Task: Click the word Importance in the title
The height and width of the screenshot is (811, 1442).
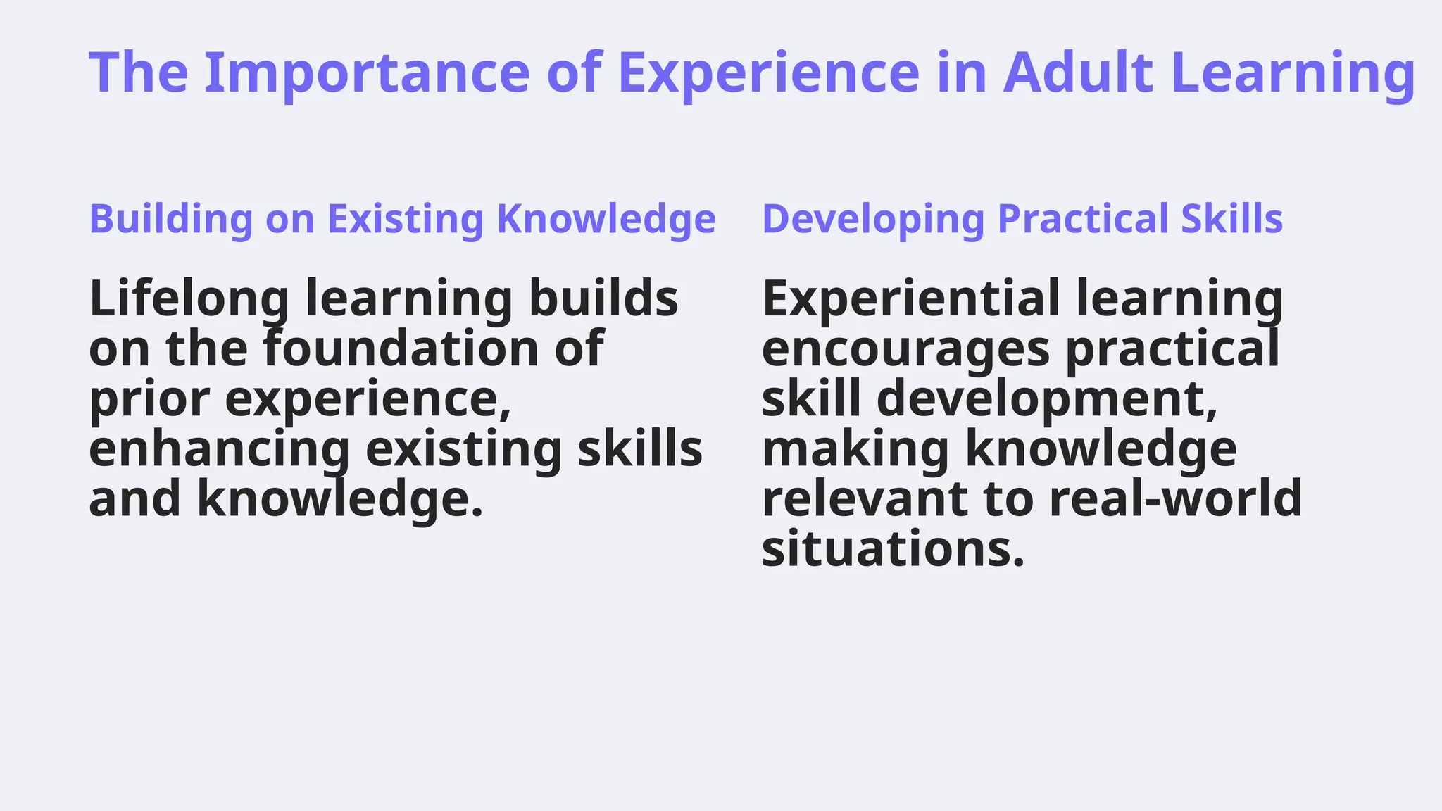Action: tap(366, 73)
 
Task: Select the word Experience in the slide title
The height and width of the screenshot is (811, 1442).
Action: tap(768, 73)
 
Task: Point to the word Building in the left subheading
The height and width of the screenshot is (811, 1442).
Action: tap(171, 219)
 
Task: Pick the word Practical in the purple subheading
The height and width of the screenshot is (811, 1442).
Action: tap(1082, 219)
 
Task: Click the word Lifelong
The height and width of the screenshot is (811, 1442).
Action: tap(189, 298)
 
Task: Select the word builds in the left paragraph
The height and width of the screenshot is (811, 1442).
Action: tap(603, 298)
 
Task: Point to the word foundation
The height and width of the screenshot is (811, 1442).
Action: tap(401, 348)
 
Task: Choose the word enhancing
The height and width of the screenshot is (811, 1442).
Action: tap(219, 449)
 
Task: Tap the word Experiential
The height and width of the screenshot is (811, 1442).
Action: tap(910, 298)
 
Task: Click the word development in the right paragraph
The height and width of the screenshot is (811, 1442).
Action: tap(1047, 399)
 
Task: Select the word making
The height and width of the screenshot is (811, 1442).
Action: tap(855, 449)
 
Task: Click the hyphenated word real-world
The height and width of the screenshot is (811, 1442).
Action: tap(1175, 499)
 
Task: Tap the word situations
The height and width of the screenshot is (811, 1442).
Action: tap(892, 549)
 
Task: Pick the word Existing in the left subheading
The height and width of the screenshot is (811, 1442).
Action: tap(406, 219)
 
